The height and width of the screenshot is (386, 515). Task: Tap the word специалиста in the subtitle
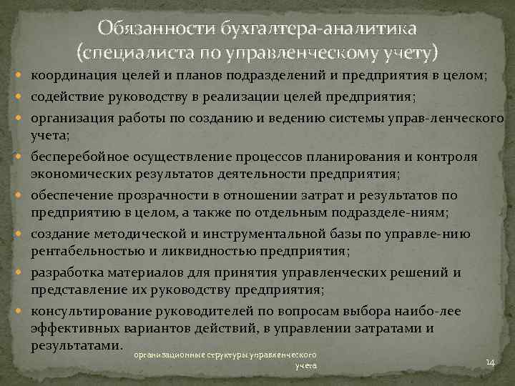pos(140,53)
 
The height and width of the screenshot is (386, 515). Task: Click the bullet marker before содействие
pos(24,98)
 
